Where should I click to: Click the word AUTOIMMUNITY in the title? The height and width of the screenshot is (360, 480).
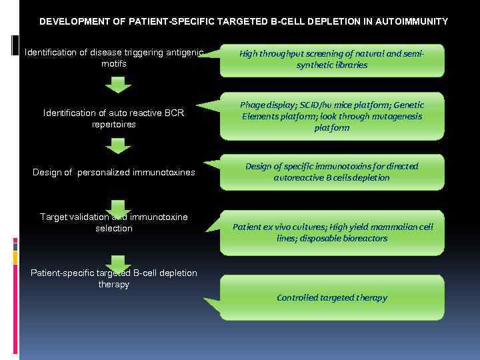point(412,21)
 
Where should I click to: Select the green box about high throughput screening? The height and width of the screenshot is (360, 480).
point(332,60)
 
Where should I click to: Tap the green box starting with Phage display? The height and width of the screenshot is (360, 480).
point(332,116)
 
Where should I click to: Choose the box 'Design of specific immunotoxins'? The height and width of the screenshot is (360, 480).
point(332,172)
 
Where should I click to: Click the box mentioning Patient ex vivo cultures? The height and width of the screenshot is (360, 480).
point(332,233)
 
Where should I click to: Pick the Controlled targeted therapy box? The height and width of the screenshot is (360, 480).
point(332,297)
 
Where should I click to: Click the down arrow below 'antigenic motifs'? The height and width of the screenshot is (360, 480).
point(118,85)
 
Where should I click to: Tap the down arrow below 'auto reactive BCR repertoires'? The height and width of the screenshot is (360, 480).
point(118,145)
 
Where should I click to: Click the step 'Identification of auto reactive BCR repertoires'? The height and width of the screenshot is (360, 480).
point(114,119)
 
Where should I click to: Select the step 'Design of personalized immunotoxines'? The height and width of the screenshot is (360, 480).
point(114,173)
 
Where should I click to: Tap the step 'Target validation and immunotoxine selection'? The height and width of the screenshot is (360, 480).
point(114,223)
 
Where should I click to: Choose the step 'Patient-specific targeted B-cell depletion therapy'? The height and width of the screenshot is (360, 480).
point(114,279)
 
